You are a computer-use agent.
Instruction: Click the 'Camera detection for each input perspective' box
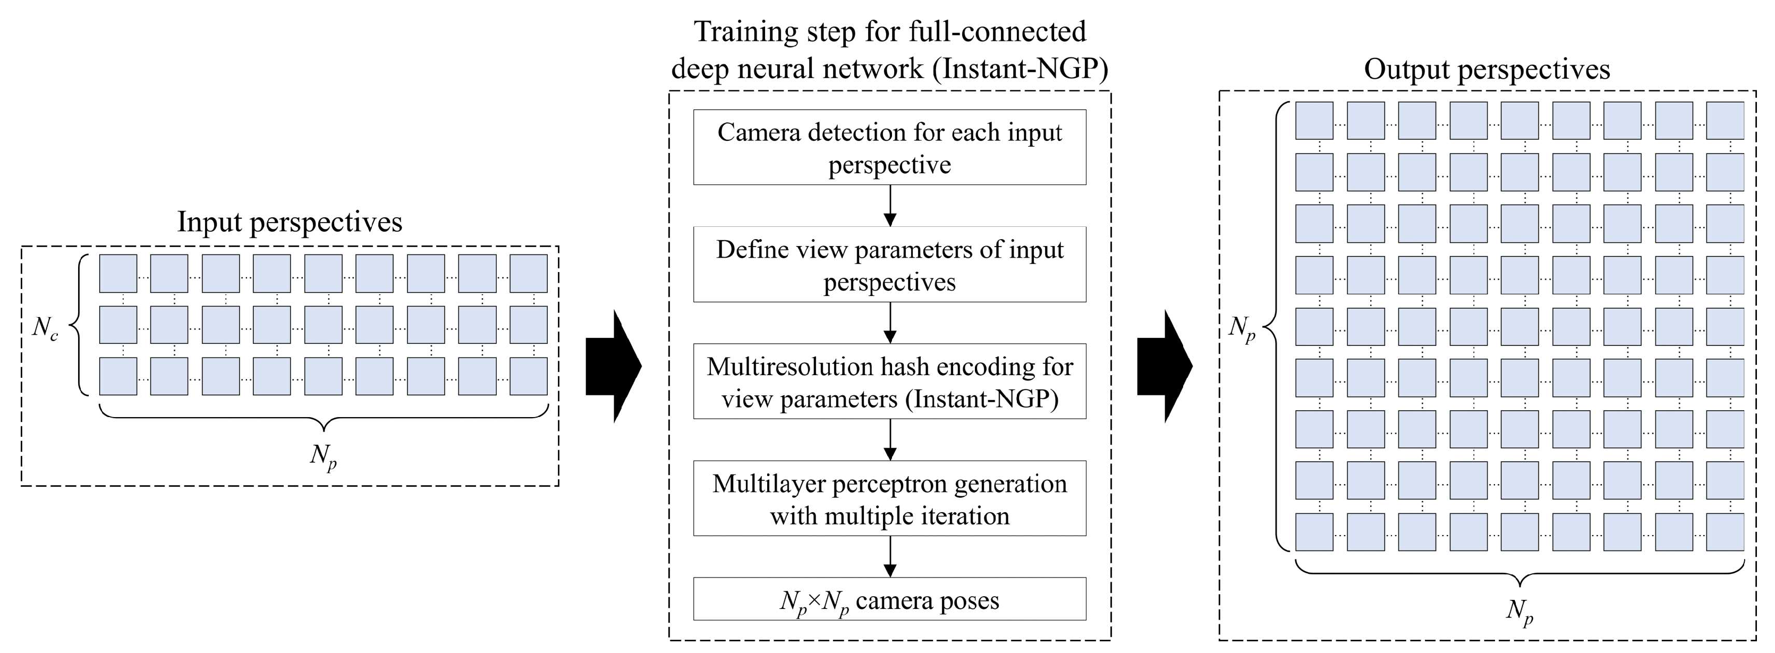click(x=889, y=147)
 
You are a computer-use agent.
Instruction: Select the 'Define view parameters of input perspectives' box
click(x=889, y=265)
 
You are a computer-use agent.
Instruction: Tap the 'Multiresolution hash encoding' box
click(x=889, y=381)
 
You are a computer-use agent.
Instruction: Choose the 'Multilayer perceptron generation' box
click(x=889, y=499)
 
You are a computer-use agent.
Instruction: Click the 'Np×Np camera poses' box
click(x=889, y=600)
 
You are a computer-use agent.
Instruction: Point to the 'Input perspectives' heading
click(x=290, y=222)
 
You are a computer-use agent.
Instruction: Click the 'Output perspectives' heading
click(x=1487, y=70)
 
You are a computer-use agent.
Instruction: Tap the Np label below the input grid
click(x=323, y=456)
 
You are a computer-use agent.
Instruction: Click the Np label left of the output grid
click(x=1242, y=328)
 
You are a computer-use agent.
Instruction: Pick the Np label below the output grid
click(x=1519, y=610)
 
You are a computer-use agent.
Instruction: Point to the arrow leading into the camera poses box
click(x=889, y=557)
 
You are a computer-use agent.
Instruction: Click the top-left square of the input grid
click(x=118, y=274)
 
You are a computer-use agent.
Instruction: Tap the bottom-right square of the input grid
click(x=529, y=376)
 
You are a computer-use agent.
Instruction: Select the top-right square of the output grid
click(x=1725, y=121)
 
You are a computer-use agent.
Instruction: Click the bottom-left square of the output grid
click(x=1314, y=532)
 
